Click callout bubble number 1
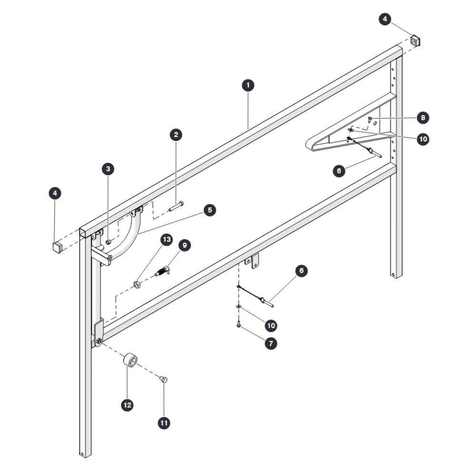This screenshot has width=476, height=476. [x=248, y=85]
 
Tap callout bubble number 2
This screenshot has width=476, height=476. [x=176, y=135]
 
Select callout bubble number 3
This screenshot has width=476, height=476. [x=108, y=169]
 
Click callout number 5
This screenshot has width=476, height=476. [x=210, y=210]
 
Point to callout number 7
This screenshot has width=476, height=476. [x=271, y=344]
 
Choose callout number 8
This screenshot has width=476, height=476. [x=423, y=118]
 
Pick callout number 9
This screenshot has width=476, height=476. [x=185, y=245]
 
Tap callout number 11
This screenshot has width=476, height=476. [x=164, y=423]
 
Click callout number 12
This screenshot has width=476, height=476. [x=127, y=405]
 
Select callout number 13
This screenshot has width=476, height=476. [x=167, y=239]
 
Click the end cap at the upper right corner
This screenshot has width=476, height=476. [x=416, y=40]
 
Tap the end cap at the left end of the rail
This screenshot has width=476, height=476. [x=58, y=247]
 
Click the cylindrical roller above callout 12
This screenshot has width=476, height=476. [x=130, y=360]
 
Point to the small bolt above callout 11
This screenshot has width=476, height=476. [x=164, y=379]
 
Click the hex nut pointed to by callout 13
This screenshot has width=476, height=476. [x=137, y=285]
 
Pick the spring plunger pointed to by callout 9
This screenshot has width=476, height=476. [x=162, y=271]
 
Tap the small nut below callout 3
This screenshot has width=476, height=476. [x=109, y=242]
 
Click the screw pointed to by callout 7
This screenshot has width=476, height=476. [x=238, y=325]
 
